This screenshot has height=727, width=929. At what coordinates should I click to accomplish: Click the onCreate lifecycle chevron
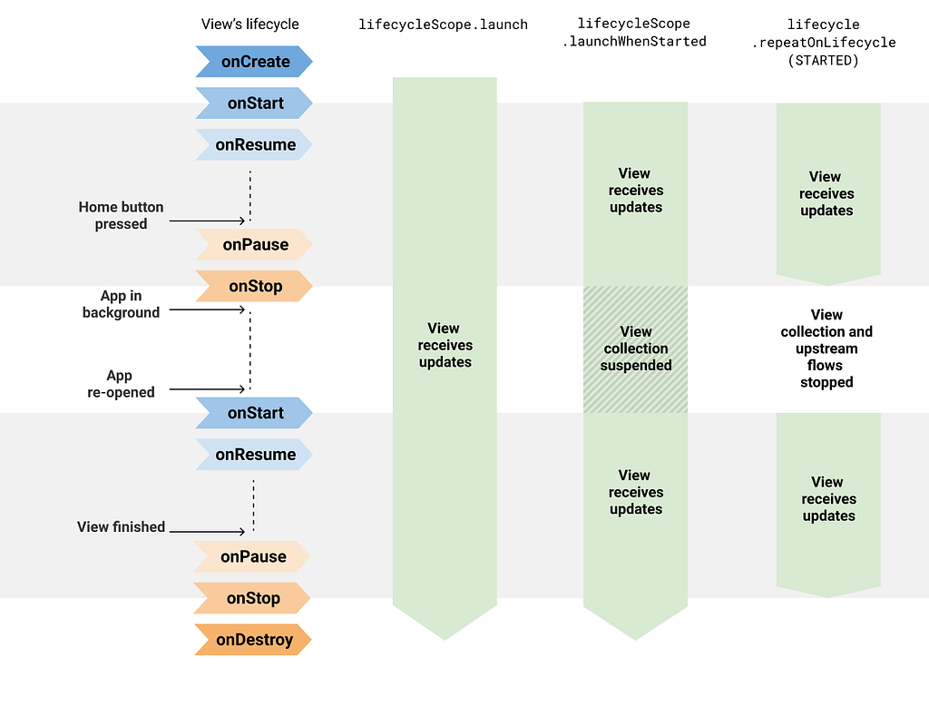254,62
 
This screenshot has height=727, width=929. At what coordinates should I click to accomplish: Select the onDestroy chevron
253,640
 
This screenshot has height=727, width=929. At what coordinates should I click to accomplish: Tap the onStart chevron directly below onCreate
254,103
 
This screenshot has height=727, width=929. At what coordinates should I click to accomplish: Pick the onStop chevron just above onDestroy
252,598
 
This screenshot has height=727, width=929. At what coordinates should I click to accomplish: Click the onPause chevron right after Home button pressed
254,245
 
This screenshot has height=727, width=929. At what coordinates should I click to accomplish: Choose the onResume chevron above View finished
254,455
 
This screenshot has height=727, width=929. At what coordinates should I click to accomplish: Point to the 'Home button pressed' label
121,215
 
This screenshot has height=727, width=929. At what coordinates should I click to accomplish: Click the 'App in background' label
121,304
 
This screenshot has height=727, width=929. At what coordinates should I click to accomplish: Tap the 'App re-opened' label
121,384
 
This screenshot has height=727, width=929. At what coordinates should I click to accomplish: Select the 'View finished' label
121,526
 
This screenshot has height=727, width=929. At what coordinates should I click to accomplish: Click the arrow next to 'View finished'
207,532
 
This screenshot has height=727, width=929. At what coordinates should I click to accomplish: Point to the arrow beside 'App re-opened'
207,389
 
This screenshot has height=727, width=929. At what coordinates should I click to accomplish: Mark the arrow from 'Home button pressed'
207,221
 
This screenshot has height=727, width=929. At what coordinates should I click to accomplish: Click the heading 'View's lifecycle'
250,25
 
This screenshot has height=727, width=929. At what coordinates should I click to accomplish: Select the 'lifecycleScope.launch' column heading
443,25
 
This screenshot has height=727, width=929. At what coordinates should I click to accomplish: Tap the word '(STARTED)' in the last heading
824,61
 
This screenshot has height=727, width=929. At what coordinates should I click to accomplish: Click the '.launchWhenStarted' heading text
634,42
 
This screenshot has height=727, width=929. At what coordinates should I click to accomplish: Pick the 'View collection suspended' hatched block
636,349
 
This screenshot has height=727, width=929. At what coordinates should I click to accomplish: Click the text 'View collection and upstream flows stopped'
826,349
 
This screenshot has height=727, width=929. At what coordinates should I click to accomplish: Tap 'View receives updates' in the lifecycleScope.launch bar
445,346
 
